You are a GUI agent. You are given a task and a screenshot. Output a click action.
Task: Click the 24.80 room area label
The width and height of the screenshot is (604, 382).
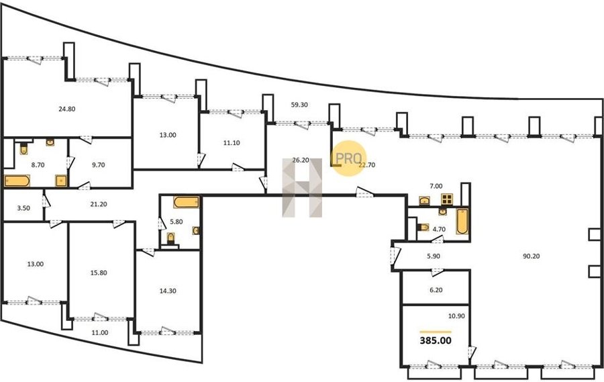[x=66, y=109]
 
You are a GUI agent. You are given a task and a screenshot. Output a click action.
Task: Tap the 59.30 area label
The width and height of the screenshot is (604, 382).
[x=299, y=105]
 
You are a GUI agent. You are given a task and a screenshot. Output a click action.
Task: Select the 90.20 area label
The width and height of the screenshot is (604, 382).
[x=532, y=256]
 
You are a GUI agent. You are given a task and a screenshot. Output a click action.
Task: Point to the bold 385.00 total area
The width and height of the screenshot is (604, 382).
[x=436, y=340]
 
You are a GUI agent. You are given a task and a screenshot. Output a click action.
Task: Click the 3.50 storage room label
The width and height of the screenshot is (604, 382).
[x=23, y=208]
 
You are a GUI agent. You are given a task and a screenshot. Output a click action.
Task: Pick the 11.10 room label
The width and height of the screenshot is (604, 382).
[x=232, y=142]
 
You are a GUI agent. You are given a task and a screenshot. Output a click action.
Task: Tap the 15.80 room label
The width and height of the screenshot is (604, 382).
[x=99, y=273]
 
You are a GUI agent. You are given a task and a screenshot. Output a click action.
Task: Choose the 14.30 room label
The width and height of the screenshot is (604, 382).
[x=168, y=291]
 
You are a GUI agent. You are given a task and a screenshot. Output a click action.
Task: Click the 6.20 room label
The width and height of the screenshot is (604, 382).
[x=436, y=290]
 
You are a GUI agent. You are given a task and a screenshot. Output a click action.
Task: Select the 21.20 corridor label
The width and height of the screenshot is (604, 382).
[x=99, y=204]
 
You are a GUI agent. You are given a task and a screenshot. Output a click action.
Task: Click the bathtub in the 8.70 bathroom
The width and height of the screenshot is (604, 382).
[x=17, y=181]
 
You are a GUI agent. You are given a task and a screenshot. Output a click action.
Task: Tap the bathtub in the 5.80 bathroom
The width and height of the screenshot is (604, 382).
[x=187, y=202]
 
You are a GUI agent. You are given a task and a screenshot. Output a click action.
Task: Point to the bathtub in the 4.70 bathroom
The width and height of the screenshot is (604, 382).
[x=462, y=222]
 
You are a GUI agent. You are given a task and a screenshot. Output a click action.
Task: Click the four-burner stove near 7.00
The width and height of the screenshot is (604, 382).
[x=447, y=199]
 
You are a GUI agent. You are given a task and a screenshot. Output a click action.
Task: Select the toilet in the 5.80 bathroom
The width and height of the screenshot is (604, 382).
[x=170, y=238]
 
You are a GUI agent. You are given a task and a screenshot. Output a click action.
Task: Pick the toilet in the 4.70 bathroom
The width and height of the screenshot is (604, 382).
[x=423, y=227]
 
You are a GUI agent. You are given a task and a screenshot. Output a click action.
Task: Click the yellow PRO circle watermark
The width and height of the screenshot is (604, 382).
[x=349, y=158]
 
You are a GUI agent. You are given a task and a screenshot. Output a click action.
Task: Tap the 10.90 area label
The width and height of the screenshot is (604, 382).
[x=456, y=316]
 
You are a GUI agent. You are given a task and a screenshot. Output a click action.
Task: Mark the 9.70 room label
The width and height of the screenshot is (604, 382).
[x=99, y=165]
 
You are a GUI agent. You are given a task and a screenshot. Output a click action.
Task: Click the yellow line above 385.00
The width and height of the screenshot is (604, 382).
[x=436, y=332]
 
